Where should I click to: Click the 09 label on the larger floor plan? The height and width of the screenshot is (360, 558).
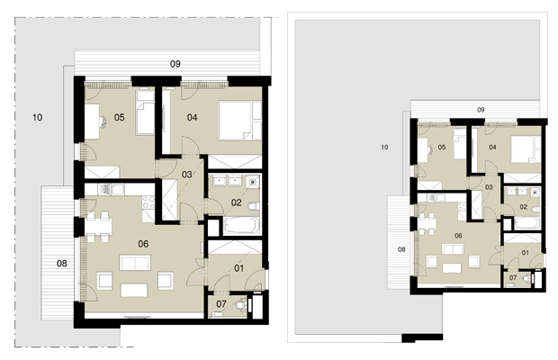coord(175,64)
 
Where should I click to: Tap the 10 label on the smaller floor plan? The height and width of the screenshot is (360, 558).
coord(384,148)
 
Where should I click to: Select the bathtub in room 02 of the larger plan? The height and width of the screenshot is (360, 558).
coord(241,225)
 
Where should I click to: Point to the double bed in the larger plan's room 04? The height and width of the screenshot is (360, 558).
coord(235,121)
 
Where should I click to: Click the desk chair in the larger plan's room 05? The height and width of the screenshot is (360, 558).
coord(103,121)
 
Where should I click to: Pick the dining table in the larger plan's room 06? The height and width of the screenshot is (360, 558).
coord(98,227)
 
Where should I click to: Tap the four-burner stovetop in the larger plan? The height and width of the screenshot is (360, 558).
coord(148,202)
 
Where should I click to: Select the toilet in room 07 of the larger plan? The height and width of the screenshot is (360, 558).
coord(241,306)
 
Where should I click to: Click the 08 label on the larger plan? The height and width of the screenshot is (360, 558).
coord(62,263)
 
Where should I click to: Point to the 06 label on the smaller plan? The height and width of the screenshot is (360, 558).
coord(458,236)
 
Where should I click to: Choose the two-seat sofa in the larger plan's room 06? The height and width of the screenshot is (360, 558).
coord(135,263)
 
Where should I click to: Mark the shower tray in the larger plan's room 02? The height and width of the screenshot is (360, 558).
coord(253,182)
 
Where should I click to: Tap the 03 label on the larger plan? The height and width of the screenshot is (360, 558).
coord(187,175)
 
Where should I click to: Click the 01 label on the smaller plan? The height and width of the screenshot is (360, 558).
coord(526,253)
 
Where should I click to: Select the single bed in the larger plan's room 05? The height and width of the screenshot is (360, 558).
coord(145,112)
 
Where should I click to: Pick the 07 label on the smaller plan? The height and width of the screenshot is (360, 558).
coord(513,278)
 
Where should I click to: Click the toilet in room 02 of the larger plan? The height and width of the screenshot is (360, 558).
coord(253,206)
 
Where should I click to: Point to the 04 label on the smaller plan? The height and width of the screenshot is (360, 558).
coord(492,148)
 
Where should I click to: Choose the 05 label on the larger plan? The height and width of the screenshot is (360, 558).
coord(120,117)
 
